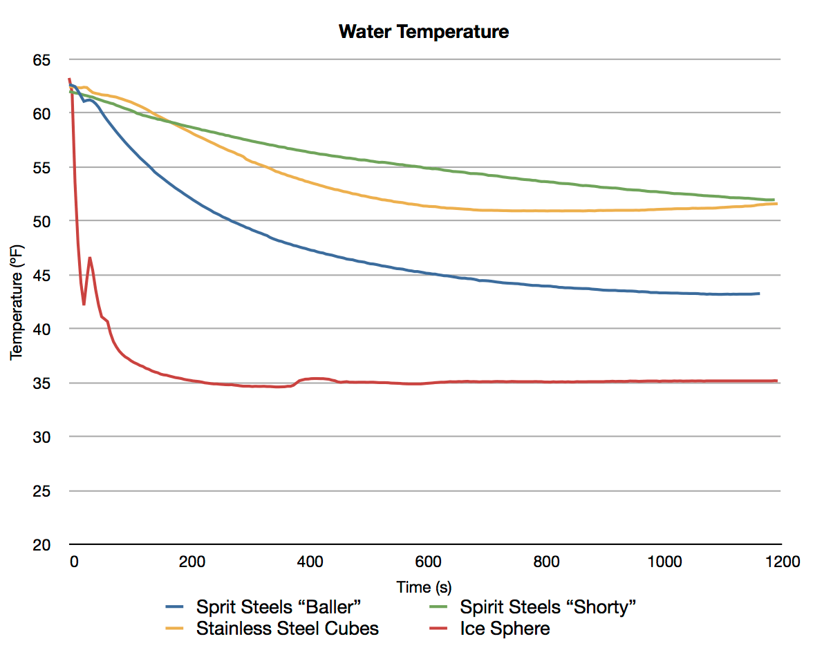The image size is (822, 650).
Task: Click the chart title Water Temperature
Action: coord(424,32)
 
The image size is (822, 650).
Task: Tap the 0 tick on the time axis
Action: coord(73,562)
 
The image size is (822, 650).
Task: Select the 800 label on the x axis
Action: coord(546,562)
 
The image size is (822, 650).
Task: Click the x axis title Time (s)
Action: coord(424,587)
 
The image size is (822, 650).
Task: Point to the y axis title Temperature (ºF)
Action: coord(17,302)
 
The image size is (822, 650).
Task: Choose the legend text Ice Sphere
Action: coord(505,629)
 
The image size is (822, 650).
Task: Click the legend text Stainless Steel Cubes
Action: coord(288,629)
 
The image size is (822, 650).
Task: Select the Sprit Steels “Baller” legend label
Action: coord(279,607)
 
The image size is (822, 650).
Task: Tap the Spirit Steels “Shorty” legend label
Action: coord(548,607)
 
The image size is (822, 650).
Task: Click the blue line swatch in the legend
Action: coord(178,608)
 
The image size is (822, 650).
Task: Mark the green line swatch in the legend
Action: coord(442,608)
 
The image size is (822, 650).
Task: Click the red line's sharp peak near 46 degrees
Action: coord(90,258)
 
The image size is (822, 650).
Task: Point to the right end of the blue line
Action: coord(759,294)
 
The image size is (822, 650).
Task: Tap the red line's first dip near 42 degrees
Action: coord(84,304)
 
